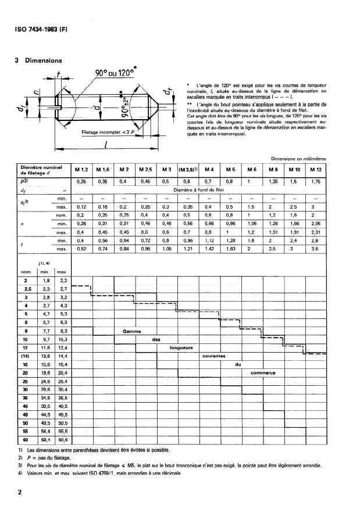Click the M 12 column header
(x=315, y=169)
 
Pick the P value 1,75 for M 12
(x=315, y=182)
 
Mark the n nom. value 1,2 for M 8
(x=273, y=215)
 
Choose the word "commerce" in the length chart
(x=262, y=372)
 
